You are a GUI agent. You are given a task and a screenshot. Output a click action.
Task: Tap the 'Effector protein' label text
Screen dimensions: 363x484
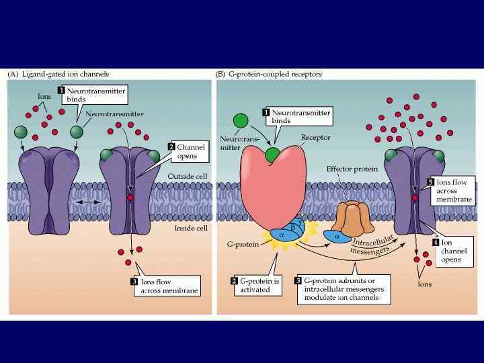352,170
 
